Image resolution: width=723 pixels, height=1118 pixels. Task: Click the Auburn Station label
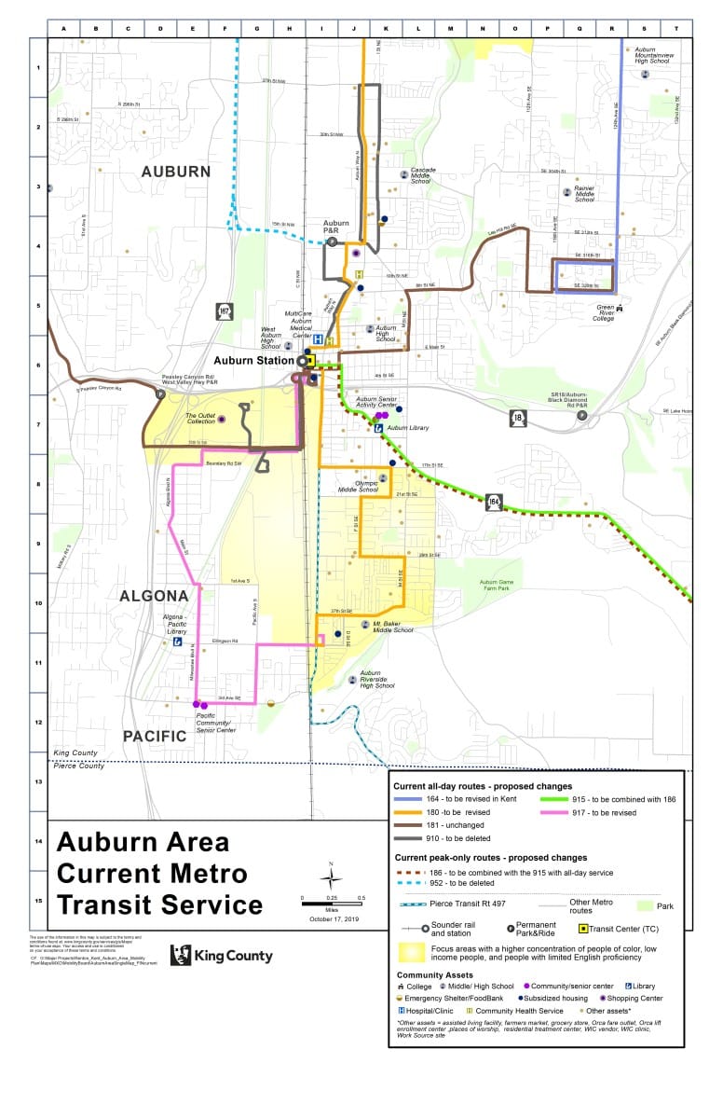click(x=254, y=359)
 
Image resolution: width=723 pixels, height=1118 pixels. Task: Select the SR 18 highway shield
click(x=517, y=418)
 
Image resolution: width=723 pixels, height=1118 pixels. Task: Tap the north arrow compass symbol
click(x=332, y=877)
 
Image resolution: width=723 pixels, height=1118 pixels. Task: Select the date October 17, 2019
click(x=333, y=919)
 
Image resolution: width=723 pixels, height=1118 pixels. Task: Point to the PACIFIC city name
click(x=155, y=736)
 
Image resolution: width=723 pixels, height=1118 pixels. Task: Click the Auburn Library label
click(x=407, y=428)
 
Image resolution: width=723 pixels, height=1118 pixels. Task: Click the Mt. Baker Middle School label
click(x=392, y=626)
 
